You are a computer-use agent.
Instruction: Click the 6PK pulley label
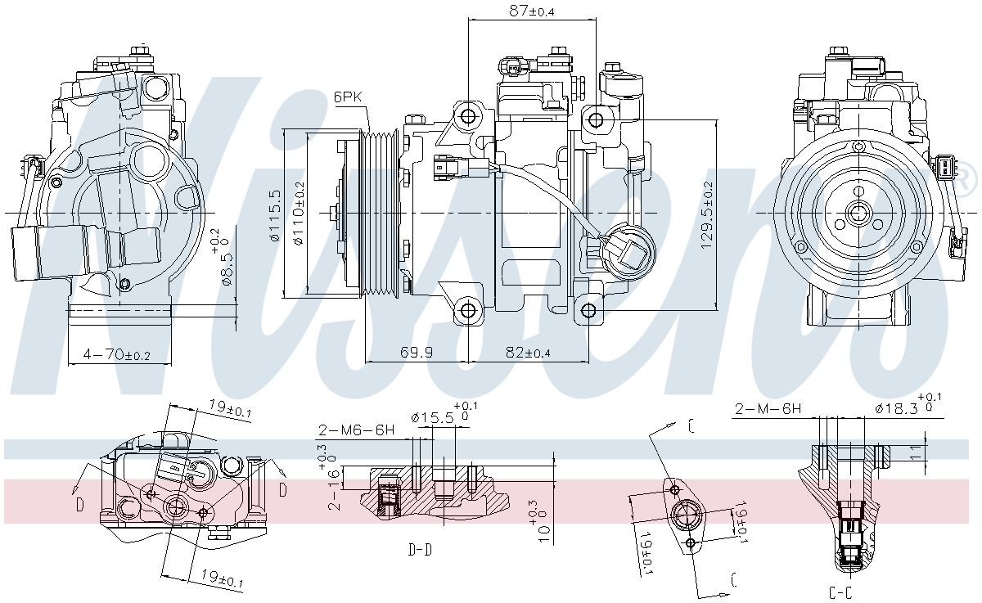click(x=348, y=97)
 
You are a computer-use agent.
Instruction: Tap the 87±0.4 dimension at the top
click(x=531, y=11)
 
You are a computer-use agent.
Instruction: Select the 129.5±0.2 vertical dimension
click(x=706, y=215)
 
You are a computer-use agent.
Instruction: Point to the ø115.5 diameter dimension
click(x=274, y=215)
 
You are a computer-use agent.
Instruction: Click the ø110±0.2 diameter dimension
click(x=299, y=214)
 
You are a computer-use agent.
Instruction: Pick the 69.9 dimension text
click(x=416, y=352)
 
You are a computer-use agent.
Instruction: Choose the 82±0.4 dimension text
click(x=528, y=352)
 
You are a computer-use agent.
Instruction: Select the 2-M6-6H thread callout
click(x=356, y=430)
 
